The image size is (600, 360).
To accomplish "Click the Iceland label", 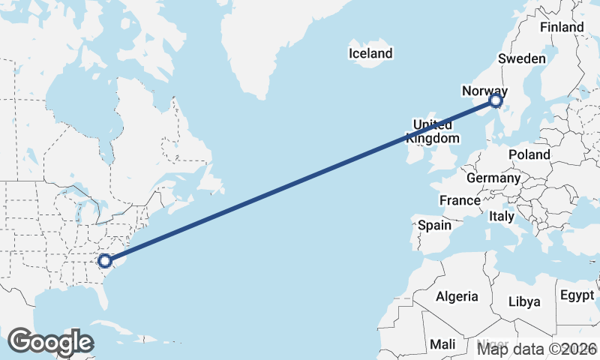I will [x=370, y=53].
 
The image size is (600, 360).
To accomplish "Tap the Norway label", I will [x=484, y=91].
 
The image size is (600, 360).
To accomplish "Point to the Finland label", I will [x=562, y=27].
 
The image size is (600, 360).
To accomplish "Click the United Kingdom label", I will [x=433, y=131].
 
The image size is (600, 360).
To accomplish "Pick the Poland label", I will [x=529, y=154].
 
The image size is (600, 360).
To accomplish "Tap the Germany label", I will [x=493, y=178].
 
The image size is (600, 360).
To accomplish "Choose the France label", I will [x=460, y=200].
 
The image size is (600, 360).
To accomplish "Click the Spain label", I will [x=435, y=225].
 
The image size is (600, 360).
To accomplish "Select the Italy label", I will [x=502, y=216].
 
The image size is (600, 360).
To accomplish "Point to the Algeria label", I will [x=457, y=296].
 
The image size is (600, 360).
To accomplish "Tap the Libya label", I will [x=524, y=301].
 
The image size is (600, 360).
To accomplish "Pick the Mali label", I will [x=442, y=344].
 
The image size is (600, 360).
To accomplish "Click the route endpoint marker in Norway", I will [x=496, y=100].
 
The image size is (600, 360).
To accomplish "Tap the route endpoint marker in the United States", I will [x=105, y=261].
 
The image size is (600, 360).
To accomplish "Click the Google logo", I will [x=50, y=342].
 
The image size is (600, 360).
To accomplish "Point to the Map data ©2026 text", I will [x=537, y=349].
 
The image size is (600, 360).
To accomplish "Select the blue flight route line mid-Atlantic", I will [x=300, y=181].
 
